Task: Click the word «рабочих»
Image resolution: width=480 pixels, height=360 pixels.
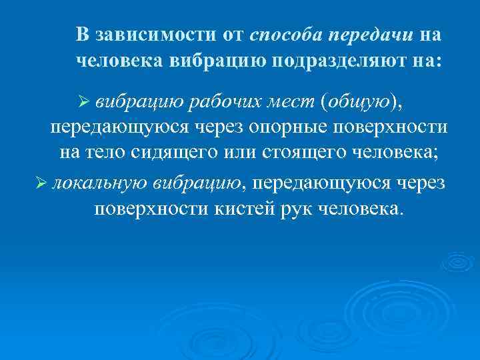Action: point(214,101)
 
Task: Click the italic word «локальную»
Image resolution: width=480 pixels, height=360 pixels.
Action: point(100,183)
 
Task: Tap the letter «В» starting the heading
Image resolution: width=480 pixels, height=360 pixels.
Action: point(81,35)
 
